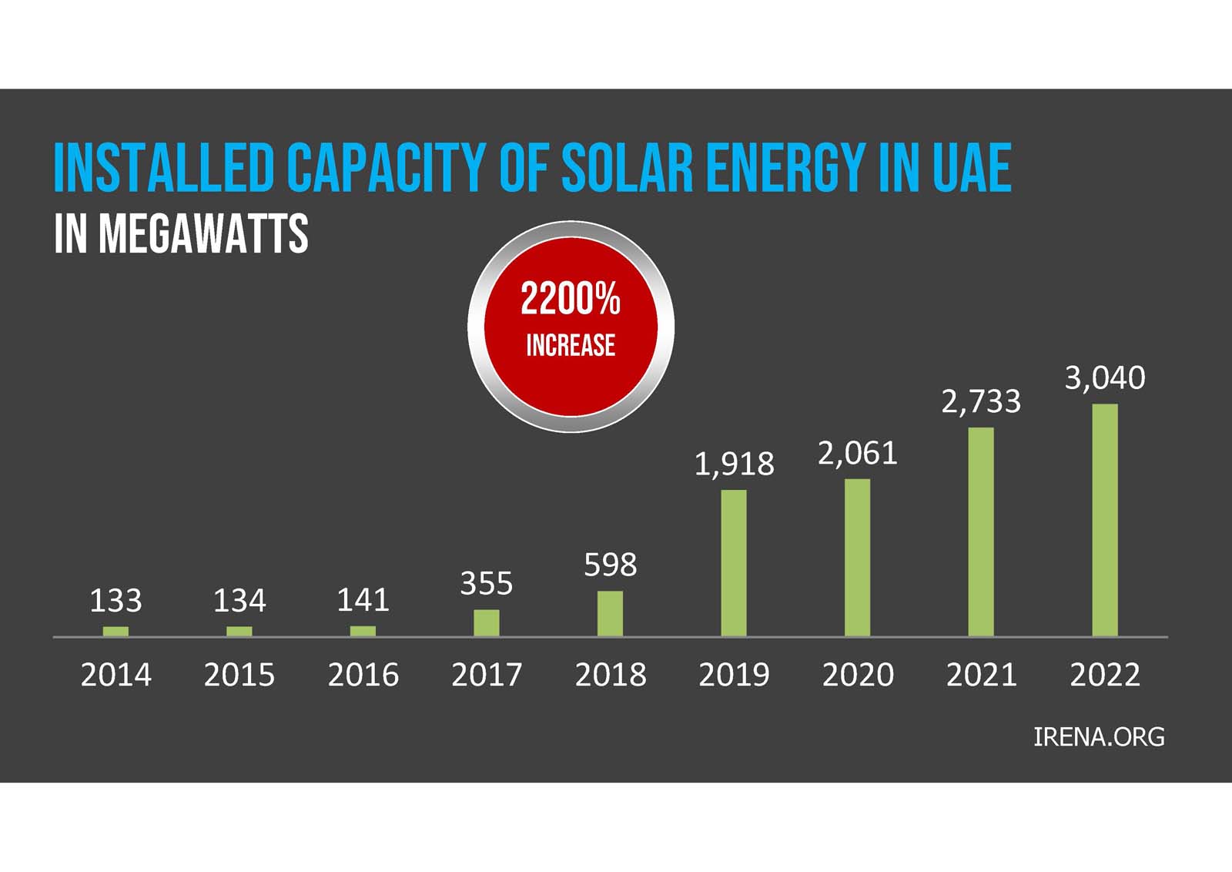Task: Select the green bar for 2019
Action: [734, 563]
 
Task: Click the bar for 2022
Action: [1105, 520]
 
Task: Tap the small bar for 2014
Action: [115, 631]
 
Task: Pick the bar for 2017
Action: [487, 622]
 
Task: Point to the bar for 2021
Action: [981, 532]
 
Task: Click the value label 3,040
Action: [1105, 378]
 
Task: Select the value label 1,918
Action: [734, 464]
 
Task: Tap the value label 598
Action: [610, 565]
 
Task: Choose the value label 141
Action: [363, 600]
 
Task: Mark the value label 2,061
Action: [858, 454]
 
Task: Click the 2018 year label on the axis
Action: [610, 676]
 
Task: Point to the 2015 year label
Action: [239, 676]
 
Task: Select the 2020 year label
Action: [858, 676]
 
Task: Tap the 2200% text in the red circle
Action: [571, 299]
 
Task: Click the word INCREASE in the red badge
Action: [571, 346]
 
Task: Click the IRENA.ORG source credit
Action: [1099, 737]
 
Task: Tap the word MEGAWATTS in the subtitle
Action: [204, 234]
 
